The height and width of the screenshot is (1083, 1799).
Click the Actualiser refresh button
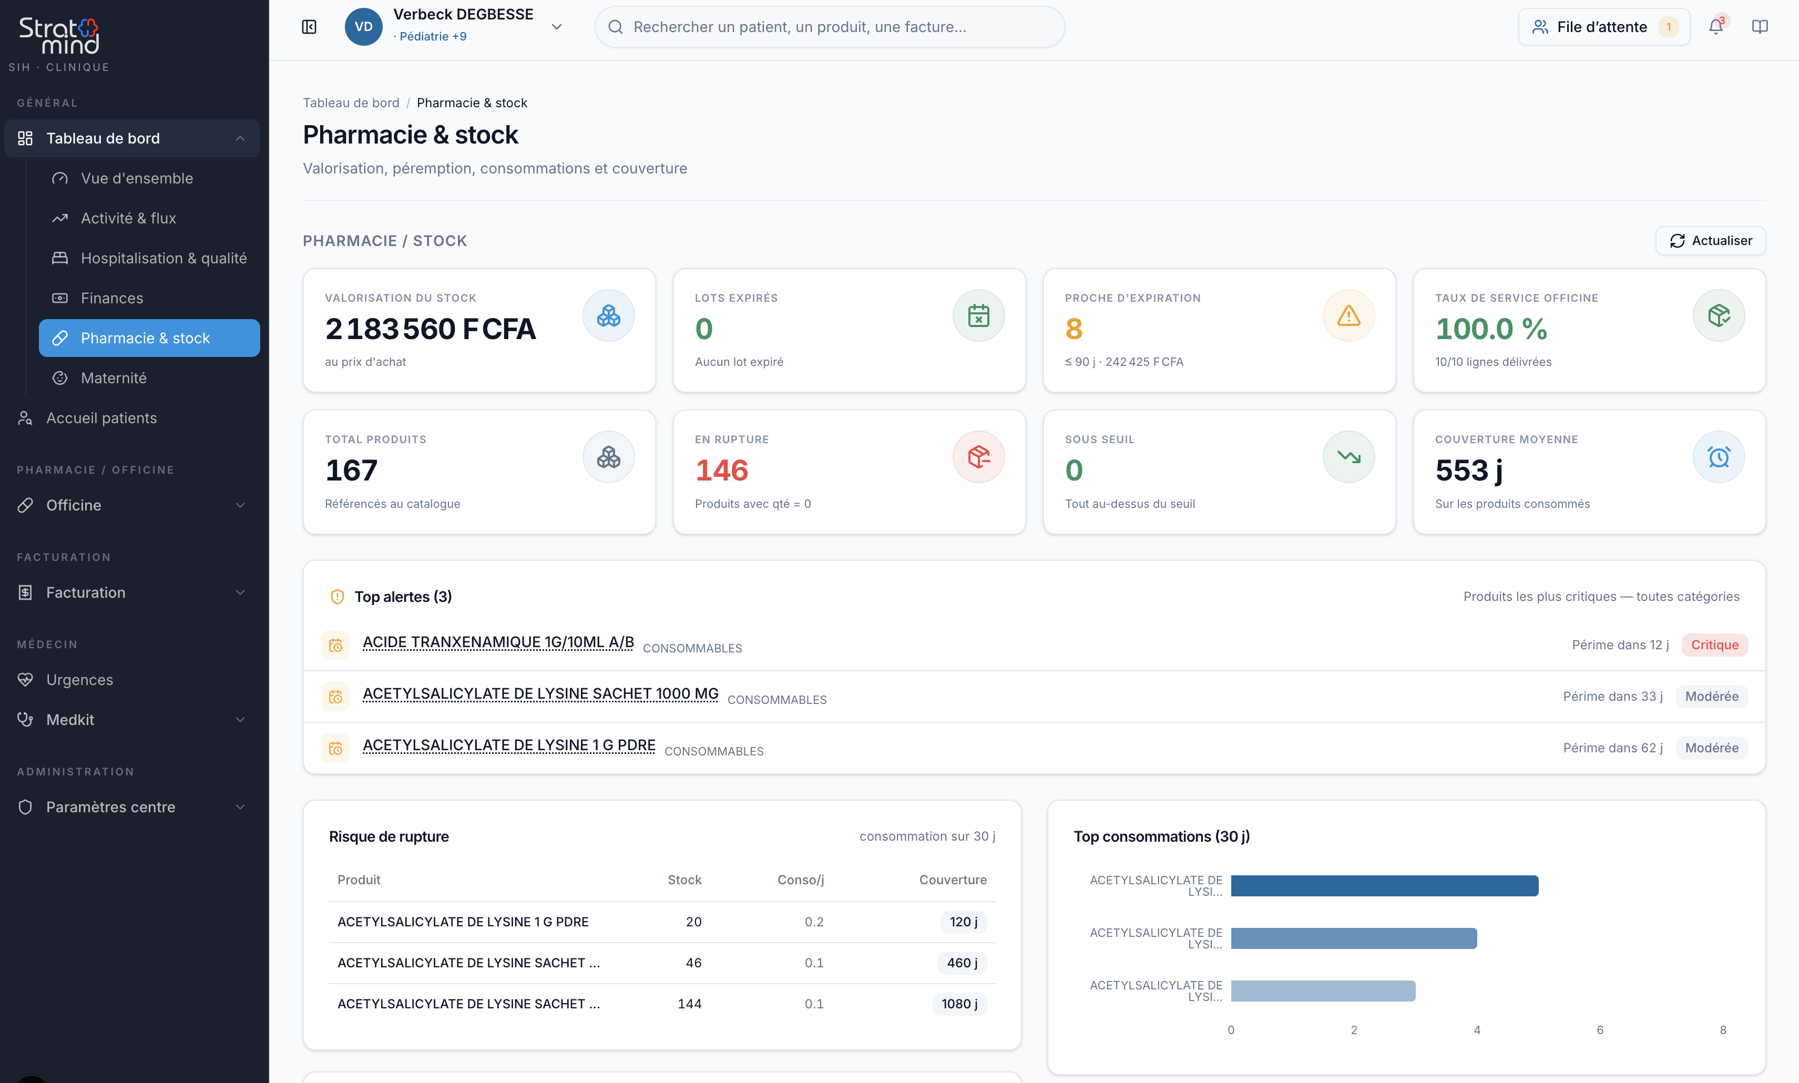pyautogui.click(x=1710, y=241)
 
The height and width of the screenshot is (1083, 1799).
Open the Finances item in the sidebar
pyautogui.click(x=111, y=298)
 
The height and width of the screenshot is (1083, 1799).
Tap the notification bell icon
pyautogui.click(x=1716, y=27)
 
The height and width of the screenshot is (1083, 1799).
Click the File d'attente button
pyautogui.click(x=1603, y=27)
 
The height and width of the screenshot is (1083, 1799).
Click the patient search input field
pyautogui.click(x=829, y=27)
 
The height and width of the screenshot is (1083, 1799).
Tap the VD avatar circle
pyautogui.click(x=363, y=27)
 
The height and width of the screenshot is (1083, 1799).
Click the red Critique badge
pyautogui.click(x=1714, y=645)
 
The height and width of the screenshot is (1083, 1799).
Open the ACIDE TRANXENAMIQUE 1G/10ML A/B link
pyautogui.click(x=498, y=642)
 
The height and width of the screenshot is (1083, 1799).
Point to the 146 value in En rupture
pyautogui.click(x=721, y=471)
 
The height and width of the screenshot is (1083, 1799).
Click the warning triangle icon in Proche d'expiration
pyautogui.click(x=1348, y=315)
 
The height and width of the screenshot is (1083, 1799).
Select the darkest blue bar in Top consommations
pyautogui.click(x=1384, y=885)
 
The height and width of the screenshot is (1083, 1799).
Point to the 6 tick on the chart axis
pyautogui.click(x=1600, y=1030)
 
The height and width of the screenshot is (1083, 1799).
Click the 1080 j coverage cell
pyautogui.click(x=959, y=1004)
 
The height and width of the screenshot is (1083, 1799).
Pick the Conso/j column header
pyautogui.click(x=801, y=880)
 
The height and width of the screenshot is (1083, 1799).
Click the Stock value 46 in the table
pyautogui.click(x=693, y=963)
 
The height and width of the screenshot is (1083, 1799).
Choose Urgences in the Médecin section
pyautogui.click(x=79, y=679)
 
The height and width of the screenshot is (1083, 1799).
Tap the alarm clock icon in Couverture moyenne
pyautogui.click(x=1718, y=457)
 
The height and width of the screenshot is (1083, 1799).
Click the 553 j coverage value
pyautogui.click(x=1468, y=471)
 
